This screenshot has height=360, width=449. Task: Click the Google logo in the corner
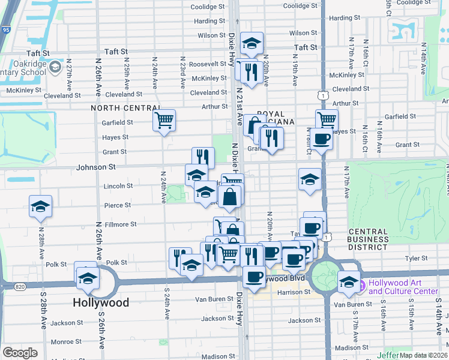click(x=20, y=353)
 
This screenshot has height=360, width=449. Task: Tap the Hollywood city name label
click(x=101, y=303)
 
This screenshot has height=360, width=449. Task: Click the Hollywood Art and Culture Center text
click(x=403, y=287)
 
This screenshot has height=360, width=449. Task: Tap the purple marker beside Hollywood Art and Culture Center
click(x=361, y=283)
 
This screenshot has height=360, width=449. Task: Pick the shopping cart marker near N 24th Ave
click(x=163, y=120)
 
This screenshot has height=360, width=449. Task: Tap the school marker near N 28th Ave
click(x=41, y=207)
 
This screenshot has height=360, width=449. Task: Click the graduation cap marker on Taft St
click(x=252, y=43)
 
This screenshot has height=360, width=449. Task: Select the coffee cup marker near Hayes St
click(x=322, y=139)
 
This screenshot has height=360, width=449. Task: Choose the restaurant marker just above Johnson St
click(x=203, y=158)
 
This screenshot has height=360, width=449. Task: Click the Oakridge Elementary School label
click(x=24, y=67)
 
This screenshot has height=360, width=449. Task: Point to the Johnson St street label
click(x=95, y=167)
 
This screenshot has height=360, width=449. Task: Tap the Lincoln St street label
click(x=117, y=186)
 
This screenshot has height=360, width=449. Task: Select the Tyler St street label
click(x=416, y=259)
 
